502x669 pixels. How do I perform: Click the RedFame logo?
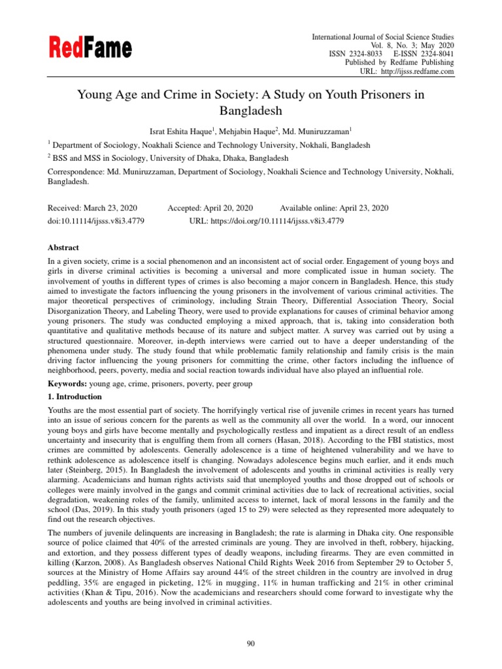pos(90,48)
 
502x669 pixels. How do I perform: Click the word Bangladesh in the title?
pos(250,111)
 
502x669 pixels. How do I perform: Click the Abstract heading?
pos(63,248)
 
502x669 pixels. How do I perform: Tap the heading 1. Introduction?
pos(75,397)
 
